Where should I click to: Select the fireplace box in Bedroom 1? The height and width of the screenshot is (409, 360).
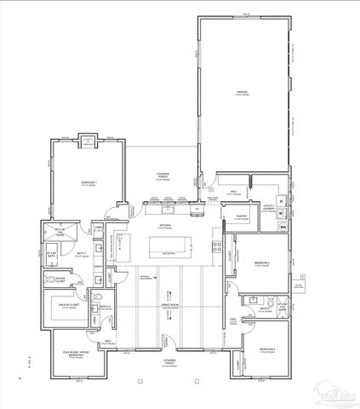click(88, 143)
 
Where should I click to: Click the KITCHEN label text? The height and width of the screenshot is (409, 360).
click(166, 226)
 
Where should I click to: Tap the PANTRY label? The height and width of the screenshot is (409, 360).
click(241, 217)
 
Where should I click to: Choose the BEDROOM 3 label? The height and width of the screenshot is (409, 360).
click(268, 349)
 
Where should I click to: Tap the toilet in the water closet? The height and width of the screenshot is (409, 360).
click(48, 279)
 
